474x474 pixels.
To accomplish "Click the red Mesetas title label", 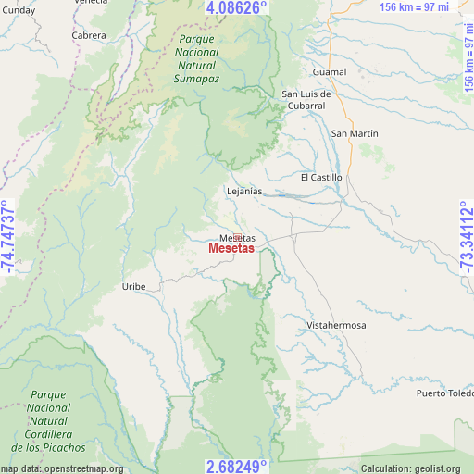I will pyautogui.click(x=231, y=249).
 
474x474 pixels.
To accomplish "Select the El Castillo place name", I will pyautogui.click(x=321, y=177).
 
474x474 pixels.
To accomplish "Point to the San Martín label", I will pyautogui.click(x=355, y=134).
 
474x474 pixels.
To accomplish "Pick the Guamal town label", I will pyautogui.click(x=330, y=72).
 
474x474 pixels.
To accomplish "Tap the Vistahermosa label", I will pyautogui.click(x=337, y=326).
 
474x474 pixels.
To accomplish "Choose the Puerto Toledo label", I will pyautogui.click(x=444, y=393).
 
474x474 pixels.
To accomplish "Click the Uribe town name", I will pyautogui.click(x=134, y=287).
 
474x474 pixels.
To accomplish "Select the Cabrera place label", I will pyautogui.click(x=89, y=36).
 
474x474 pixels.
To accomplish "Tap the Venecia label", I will pyautogui.click(x=91, y=4).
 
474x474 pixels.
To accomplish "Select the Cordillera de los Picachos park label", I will pyautogui.click(x=48, y=420).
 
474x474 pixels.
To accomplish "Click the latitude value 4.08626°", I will pyautogui.click(x=237, y=7).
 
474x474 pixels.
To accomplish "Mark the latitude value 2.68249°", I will pyautogui.click(x=237, y=466).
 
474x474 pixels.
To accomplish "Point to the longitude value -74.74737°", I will pyautogui.click(x=8, y=238).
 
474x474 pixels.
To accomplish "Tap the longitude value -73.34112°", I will pyautogui.click(x=466, y=238).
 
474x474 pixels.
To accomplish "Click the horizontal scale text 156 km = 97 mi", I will pyautogui.click(x=427, y=7).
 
